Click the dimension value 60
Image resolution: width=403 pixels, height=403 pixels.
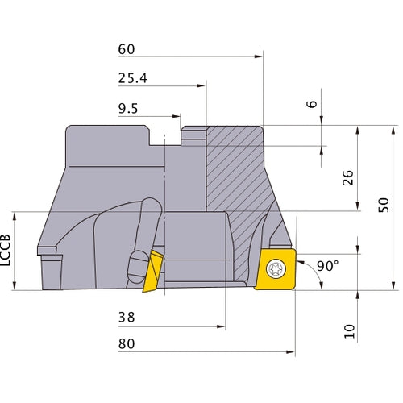[x=126, y=49]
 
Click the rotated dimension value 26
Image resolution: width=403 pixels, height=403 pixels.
[x=348, y=178]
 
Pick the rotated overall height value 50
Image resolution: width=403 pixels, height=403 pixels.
[x=382, y=206]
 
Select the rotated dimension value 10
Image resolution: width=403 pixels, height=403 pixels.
[x=348, y=330]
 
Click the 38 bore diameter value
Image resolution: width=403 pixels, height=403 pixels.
[x=126, y=318]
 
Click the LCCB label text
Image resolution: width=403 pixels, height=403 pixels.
[x=7, y=251]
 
